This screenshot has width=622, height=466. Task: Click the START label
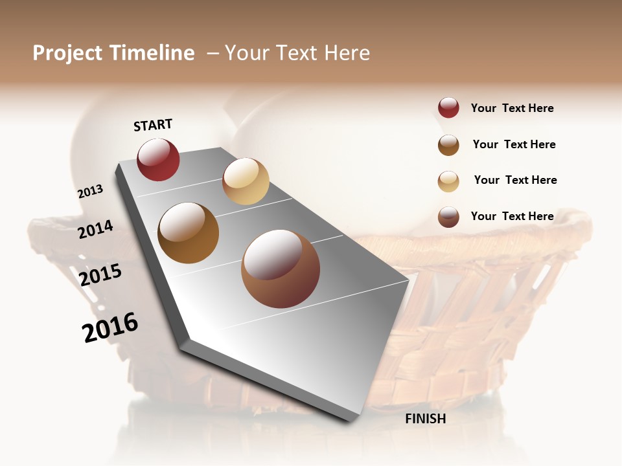pyautogui.click(x=153, y=125)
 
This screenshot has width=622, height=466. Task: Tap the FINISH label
pyautogui.click(x=425, y=419)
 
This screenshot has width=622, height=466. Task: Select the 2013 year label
pyautogui.click(x=90, y=191)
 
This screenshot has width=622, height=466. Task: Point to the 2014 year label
pyautogui.click(x=95, y=229)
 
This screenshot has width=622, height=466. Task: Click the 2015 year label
pyautogui.click(x=100, y=275)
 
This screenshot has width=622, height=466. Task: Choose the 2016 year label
pyautogui.click(x=110, y=327)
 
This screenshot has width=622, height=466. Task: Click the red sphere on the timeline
pyautogui.click(x=158, y=159)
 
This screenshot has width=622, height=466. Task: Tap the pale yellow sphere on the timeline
pyautogui.click(x=246, y=181)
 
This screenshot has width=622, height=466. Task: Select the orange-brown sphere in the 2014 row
pyautogui.click(x=188, y=233)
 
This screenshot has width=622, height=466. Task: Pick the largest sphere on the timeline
pyautogui.click(x=281, y=269)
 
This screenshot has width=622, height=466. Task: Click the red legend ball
pyautogui.click(x=448, y=108)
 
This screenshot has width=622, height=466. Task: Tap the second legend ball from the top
pyautogui.click(x=448, y=145)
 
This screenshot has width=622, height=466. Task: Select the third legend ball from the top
pyautogui.click(x=448, y=181)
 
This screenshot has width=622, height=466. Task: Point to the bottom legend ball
pyautogui.click(x=448, y=217)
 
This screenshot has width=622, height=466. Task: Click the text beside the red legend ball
pyautogui.click(x=512, y=108)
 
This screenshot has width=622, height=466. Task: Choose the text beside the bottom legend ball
pyautogui.click(x=512, y=216)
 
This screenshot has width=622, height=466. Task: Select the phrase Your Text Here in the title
pyautogui.click(x=297, y=53)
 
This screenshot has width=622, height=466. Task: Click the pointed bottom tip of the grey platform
pyautogui.click(x=351, y=420)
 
